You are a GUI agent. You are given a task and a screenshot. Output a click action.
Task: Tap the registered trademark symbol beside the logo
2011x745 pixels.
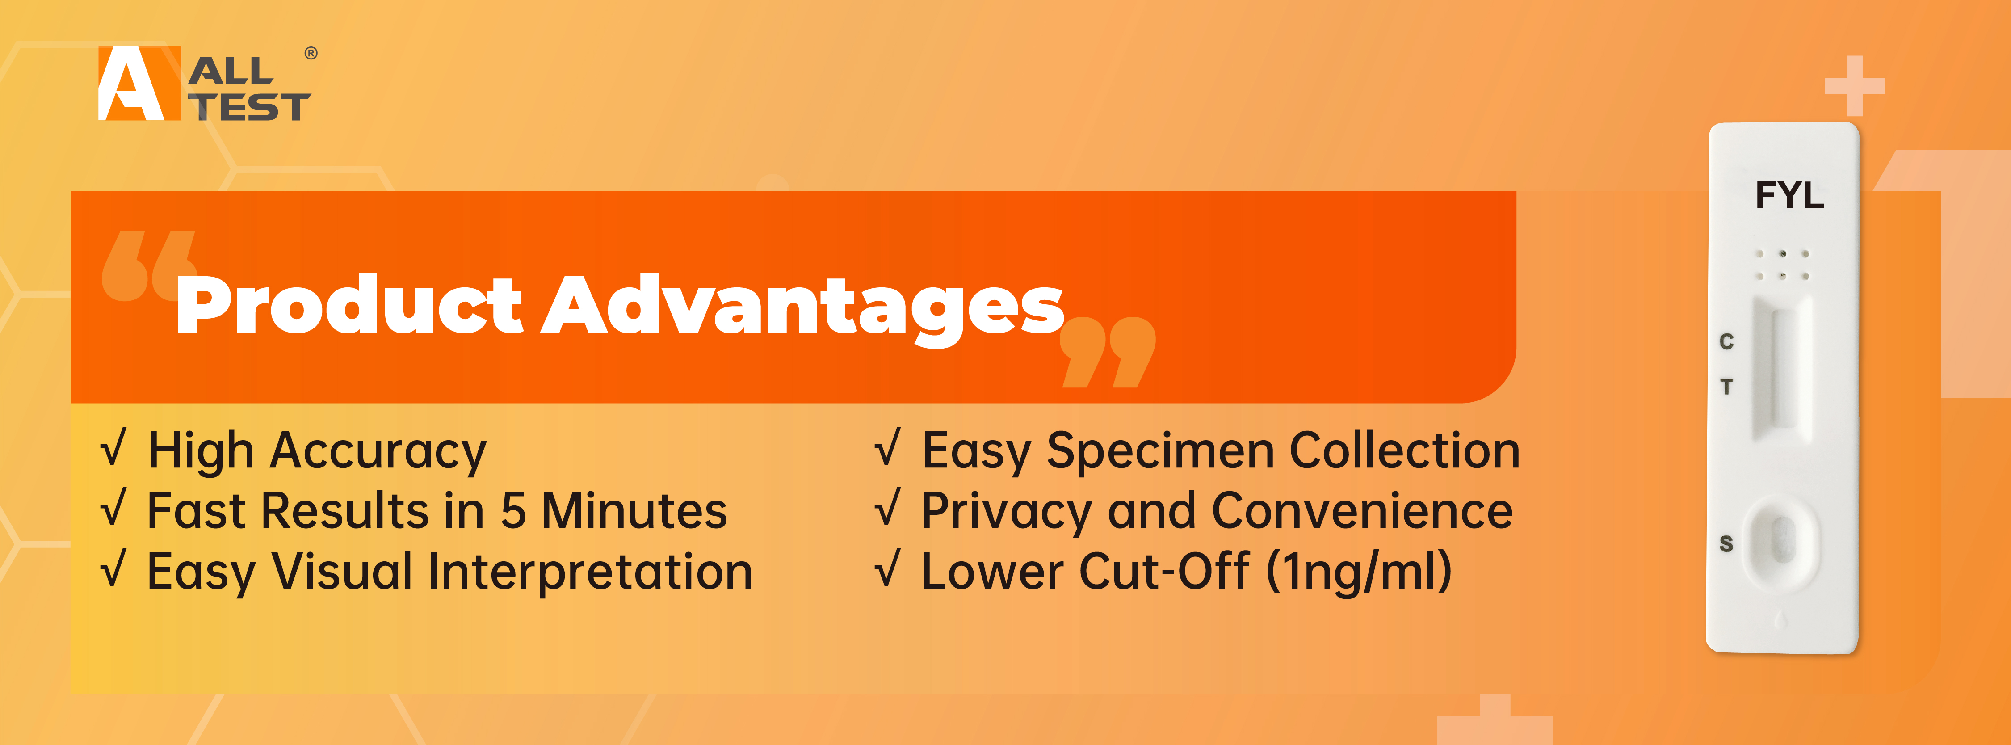[311, 53]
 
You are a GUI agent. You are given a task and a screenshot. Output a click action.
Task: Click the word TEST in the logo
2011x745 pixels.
[250, 107]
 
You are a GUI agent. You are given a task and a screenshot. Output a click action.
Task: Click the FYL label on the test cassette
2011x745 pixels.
[1789, 195]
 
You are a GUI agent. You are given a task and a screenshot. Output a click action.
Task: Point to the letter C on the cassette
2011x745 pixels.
[1726, 341]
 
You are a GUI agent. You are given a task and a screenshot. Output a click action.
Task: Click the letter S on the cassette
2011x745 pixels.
[1726, 543]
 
